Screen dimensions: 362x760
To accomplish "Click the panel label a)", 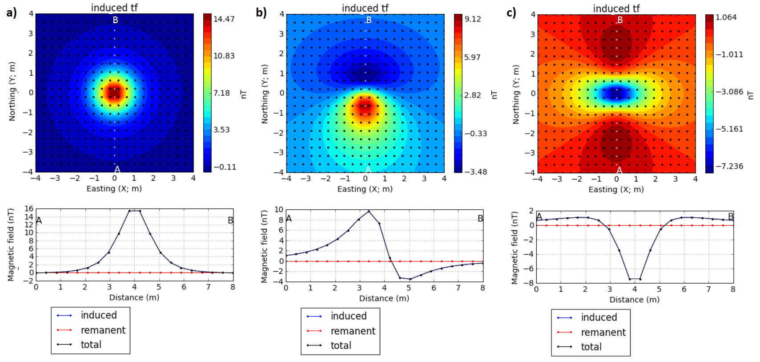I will [x=12, y=12].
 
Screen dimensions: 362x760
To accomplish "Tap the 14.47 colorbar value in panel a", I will [x=224, y=19].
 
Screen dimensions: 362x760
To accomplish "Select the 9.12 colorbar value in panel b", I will [x=472, y=19].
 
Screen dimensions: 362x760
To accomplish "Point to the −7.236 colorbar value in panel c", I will [x=729, y=166].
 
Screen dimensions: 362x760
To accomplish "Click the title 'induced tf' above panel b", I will [x=365, y=8].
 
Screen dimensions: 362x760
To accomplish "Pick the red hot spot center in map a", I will [x=115, y=92].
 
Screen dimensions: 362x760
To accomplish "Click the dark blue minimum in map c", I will [x=616, y=94].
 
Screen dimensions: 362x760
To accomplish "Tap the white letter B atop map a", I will [x=115, y=20].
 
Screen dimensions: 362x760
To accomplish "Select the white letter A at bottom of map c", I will [x=619, y=170].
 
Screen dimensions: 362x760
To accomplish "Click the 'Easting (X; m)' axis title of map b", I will [x=365, y=189].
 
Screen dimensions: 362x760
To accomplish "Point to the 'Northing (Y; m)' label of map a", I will [x=12, y=91].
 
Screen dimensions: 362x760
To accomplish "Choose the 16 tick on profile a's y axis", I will [x=29, y=208].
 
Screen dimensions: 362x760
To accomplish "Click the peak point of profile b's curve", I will [x=369, y=211].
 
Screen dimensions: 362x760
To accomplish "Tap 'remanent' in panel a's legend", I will [x=103, y=330].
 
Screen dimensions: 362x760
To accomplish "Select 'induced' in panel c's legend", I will [x=599, y=317].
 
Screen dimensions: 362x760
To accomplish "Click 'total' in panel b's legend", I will [x=341, y=345].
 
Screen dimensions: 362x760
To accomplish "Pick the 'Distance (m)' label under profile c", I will [x=634, y=299].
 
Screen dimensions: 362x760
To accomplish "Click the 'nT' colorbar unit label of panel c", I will [x=751, y=95].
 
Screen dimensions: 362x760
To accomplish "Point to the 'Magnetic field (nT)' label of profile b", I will [x=265, y=247].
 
